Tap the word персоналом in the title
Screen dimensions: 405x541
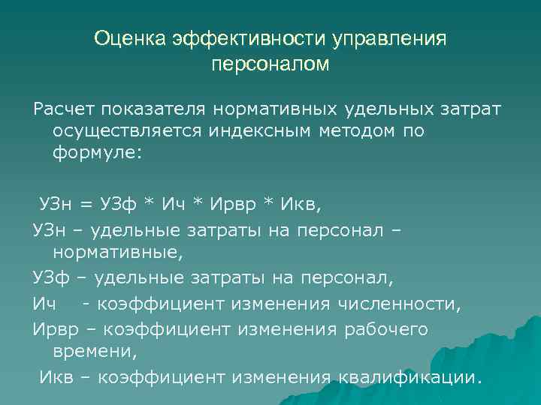270,65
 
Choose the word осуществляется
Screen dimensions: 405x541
128,132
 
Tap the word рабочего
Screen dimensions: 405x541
388,328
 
